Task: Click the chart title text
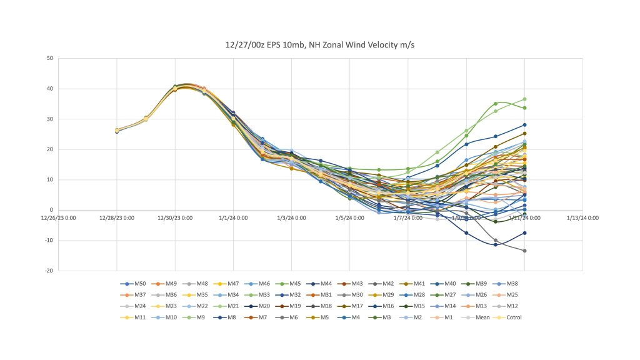[x=320, y=44]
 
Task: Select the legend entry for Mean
[x=485, y=317]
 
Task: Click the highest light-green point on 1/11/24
[x=524, y=99]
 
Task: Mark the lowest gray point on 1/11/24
[x=524, y=251]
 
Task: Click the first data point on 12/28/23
[x=117, y=131]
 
